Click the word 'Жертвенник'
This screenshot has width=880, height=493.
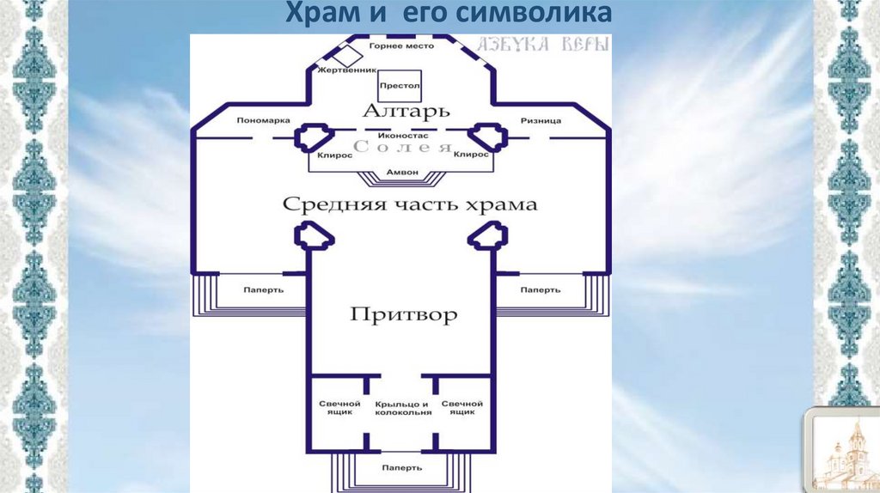tap(338, 70)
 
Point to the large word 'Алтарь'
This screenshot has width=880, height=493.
tap(395, 113)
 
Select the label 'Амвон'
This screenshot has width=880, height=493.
tap(402, 173)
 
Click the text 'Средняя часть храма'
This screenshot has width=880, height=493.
tap(410, 204)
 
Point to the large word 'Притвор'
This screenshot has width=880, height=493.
tap(403, 314)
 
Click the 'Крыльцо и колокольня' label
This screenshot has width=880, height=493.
tap(403, 408)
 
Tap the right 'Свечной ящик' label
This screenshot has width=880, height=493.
tap(461, 408)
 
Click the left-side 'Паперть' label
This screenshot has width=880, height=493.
tap(263, 289)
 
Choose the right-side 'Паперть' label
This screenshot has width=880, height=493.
tap(541, 289)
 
